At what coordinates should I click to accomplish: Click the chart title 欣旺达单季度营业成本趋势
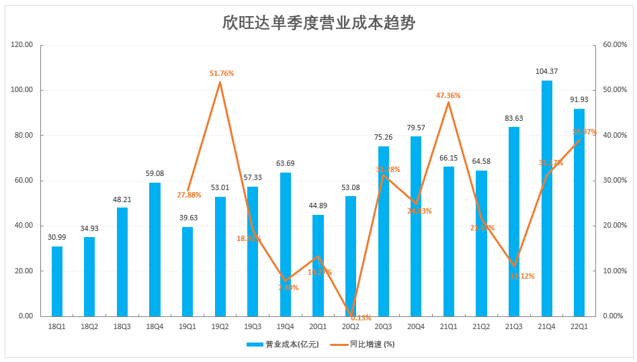coord(318,23)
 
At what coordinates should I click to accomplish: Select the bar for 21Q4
coord(547,198)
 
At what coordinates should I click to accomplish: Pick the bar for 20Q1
coord(318,265)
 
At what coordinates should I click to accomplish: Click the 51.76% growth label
coord(222,73)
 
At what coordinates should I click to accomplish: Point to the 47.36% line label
coord(448,95)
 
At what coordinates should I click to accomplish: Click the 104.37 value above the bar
coord(546,71)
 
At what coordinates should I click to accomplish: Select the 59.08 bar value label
coord(155,173)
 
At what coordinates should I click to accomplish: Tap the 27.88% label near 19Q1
coord(189,195)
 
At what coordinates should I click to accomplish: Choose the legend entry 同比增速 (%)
coord(372,344)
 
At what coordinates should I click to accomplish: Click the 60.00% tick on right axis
coord(614,45)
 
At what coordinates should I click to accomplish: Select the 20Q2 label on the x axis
coord(351,326)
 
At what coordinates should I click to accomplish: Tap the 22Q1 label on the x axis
coord(579,326)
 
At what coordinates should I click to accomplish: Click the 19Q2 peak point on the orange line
coord(220,82)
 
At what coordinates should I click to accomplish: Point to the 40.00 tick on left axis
coord(24,226)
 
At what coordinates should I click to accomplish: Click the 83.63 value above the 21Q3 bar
coord(514,118)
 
